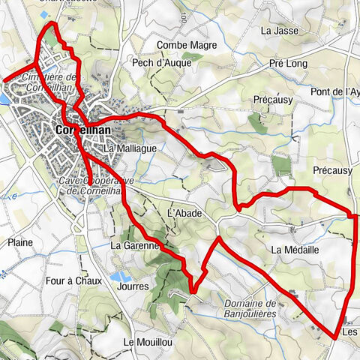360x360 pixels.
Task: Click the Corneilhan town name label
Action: pos(82,130)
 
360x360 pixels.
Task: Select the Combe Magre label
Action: pos(181,46)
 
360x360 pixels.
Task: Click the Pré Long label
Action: pos(288,64)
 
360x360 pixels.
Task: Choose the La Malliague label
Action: pos(132,148)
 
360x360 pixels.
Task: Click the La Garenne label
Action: pos(136,245)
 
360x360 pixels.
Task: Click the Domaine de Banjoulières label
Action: pos(250,307)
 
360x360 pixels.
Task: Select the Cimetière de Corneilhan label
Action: pos(50,82)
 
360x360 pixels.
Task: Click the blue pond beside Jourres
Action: pos(118,276)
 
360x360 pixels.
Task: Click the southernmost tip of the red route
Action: pos(334,338)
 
